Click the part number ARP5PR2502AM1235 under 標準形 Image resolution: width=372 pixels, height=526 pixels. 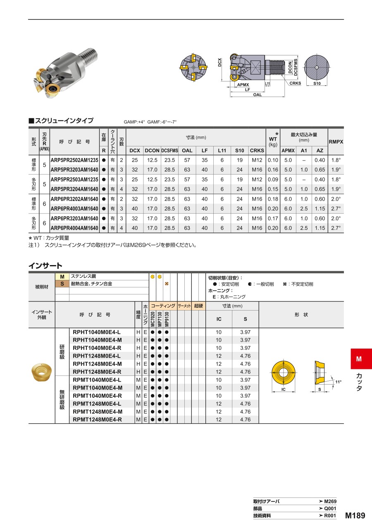pyautogui.click(x=74, y=160)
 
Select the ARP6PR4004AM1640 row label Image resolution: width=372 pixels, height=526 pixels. pyautogui.click(x=74, y=228)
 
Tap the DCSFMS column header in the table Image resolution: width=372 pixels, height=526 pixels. pyautogui.click(x=169, y=151)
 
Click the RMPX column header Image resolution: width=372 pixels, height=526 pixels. pyautogui.click(x=336, y=142)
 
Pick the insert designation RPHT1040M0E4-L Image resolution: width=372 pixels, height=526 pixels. pyautogui.click(x=97, y=332)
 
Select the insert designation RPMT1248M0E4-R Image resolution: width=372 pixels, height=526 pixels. pyautogui.click(x=97, y=420)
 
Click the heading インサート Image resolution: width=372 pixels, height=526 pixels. pyautogui.click(x=45, y=265)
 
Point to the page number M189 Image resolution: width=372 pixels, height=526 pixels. pyautogui.click(x=355, y=515)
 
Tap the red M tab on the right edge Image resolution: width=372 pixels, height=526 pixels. pyautogui.click(x=359, y=359)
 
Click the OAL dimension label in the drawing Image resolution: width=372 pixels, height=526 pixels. pyautogui.click(x=257, y=95)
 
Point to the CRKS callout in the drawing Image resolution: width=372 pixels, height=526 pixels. pyautogui.click(x=295, y=83)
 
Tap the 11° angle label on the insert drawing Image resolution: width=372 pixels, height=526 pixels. pyautogui.click(x=339, y=382)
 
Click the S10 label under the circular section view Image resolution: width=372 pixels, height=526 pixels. pyautogui.click(x=317, y=83)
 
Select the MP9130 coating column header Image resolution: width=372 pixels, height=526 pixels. pyautogui.click(x=167, y=319)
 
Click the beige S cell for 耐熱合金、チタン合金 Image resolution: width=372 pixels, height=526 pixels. pyautogui.click(x=62, y=284)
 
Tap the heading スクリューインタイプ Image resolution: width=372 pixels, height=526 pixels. pyautogui.click(x=64, y=121)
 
